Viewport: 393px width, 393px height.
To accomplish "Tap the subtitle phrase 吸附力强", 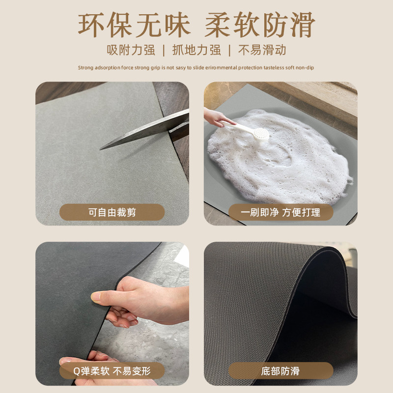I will [x=131, y=50].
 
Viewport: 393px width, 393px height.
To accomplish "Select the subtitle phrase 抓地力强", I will [x=196, y=50].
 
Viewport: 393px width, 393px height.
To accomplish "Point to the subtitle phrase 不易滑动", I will [x=262, y=50].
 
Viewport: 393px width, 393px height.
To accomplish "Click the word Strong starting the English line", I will [x=85, y=68].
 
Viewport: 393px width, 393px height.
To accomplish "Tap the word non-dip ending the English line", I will [x=305, y=68].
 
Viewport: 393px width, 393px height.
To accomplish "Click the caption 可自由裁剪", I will [x=112, y=212].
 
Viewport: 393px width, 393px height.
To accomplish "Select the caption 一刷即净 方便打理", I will [x=281, y=212].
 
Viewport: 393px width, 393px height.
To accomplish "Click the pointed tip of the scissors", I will [x=102, y=148].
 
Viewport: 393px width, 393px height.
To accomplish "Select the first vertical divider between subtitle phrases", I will [x=163, y=50].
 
